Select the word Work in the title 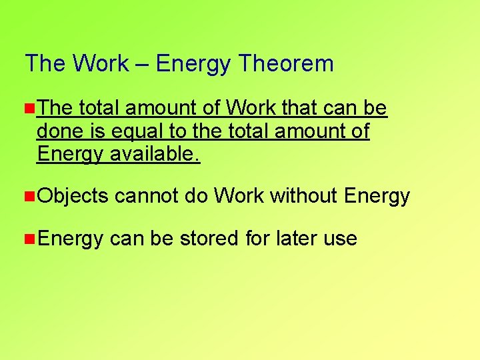[101, 64]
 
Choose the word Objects [73, 196]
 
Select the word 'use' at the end [342, 238]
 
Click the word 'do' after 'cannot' [197, 196]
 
